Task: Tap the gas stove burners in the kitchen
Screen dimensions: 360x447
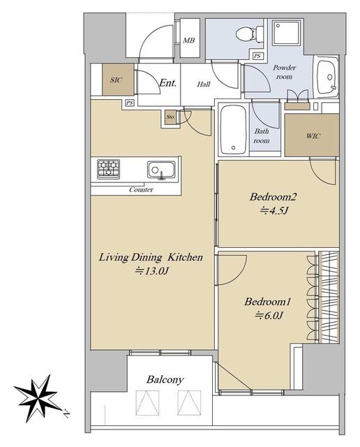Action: [x=108, y=169]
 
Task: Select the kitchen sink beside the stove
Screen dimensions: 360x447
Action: [x=161, y=170]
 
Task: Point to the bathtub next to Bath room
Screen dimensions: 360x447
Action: [x=233, y=130]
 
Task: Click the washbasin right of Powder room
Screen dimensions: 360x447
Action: [x=327, y=77]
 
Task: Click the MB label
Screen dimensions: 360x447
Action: [x=188, y=41]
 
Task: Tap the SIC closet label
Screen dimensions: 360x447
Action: [x=117, y=80]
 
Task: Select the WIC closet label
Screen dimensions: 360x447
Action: [x=313, y=136]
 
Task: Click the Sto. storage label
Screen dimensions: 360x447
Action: [x=171, y=117]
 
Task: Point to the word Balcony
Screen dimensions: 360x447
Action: [x=165, y=380]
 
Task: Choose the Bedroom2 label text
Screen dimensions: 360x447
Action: [x=273, y=197]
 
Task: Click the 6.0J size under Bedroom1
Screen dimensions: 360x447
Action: [x=269, y=315]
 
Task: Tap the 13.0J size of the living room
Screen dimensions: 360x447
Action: [x=152, y=270]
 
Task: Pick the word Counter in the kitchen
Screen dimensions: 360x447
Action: [x=141, y=189]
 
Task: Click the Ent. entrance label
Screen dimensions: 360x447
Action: [x=167, y=83]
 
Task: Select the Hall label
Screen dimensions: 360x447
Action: [x=204, y=84]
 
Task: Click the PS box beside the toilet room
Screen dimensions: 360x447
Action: [x=257, y=56]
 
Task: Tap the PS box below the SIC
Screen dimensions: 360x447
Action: [x=130, y=103]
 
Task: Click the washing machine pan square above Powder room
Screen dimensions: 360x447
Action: [x=286, y=32]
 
